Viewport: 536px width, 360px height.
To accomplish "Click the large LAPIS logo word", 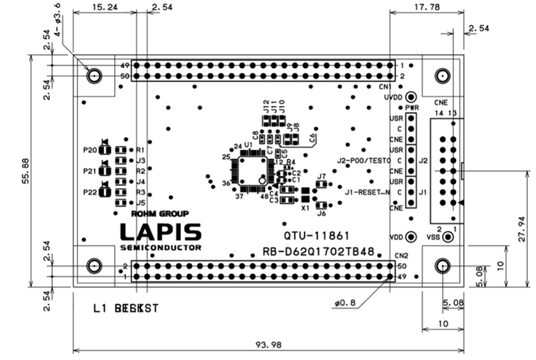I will point(161,231).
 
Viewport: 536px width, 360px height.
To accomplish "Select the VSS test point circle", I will point(448,237).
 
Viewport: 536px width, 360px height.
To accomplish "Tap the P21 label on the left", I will point(90,171).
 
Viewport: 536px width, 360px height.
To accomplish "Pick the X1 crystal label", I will point(305,207).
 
